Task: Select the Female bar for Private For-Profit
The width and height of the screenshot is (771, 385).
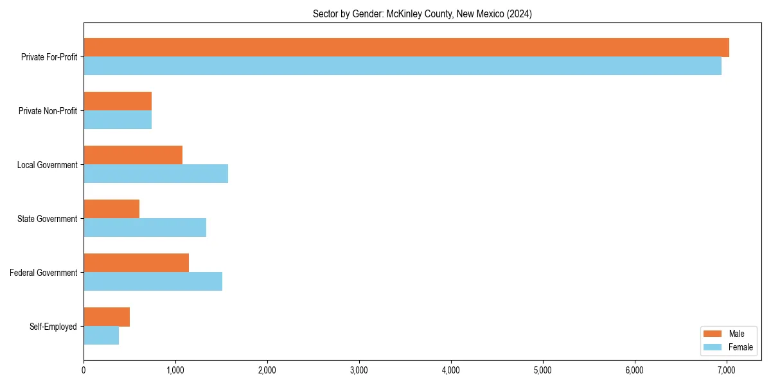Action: click(x=402, y=66)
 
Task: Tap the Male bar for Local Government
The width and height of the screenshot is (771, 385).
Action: click(x=133, y=155)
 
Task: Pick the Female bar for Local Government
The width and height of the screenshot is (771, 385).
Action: click(x=155, y=173)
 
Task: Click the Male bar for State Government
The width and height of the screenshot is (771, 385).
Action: click(x=111, y=209)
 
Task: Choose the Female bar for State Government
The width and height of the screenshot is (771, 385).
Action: click(x=145, y=227)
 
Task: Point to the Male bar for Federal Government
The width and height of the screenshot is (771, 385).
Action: click(x=136, y=262)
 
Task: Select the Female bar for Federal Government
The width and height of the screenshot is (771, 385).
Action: click(x=153, y=281)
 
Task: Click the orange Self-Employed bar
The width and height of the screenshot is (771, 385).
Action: click(x=107, y=316)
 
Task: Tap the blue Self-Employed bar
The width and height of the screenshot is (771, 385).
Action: click(x=101, y=335)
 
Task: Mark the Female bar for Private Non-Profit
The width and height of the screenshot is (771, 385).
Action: click(x=118, y=120)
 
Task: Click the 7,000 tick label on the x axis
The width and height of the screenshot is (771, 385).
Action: click(x=727, y=370)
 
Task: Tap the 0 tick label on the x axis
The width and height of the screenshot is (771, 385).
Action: click(x=84, y=370)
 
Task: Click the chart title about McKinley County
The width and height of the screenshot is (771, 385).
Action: click(x=422, y=13)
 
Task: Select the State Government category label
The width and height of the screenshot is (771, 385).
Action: click(x=47, y=219)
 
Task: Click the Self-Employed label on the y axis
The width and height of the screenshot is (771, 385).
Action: click(x=53, y=327)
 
